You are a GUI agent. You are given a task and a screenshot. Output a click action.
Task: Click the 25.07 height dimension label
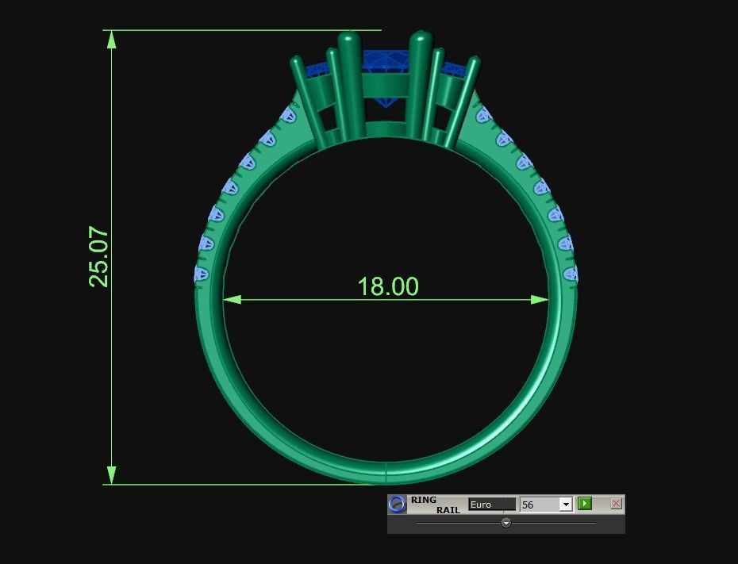(98, 256)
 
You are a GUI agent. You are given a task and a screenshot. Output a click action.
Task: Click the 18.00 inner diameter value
(387, 286)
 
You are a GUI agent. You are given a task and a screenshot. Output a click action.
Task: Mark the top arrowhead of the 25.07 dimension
(112, 39)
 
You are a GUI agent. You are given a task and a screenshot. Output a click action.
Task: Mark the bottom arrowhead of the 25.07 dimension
(112, 475)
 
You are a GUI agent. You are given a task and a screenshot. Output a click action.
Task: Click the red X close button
(616, 504)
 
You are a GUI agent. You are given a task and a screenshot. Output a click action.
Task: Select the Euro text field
(491, 505)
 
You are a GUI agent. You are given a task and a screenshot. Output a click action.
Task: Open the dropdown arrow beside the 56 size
(565, 505)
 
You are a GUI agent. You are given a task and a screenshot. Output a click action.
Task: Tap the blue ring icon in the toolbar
(398, 505)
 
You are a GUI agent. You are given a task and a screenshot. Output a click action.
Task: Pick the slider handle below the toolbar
(506, 523)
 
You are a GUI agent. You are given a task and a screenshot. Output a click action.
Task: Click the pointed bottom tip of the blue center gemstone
(386, 104)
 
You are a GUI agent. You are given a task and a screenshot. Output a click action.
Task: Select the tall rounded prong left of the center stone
(349, 79)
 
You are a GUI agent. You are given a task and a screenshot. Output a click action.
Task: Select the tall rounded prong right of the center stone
(420, 79)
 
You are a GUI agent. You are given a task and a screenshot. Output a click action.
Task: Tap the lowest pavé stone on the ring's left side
(201, 274)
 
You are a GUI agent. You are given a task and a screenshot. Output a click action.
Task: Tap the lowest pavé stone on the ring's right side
(571, 274)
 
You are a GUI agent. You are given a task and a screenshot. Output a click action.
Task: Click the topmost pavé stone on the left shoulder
(289, 117)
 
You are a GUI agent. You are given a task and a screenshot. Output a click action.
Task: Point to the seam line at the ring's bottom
(386, 472)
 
